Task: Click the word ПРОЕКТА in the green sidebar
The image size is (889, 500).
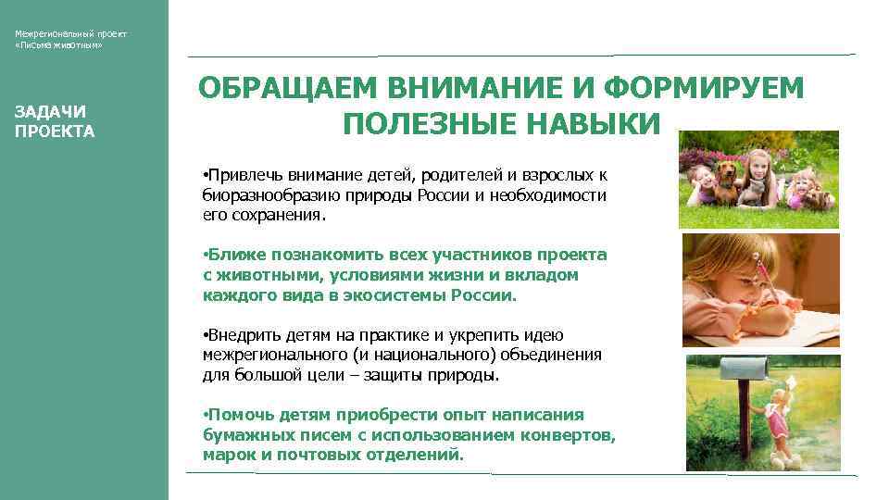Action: tap(55, 131)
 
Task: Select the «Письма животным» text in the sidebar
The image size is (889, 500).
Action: tap(58, 45)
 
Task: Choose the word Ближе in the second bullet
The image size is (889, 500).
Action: tap(228, 255)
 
